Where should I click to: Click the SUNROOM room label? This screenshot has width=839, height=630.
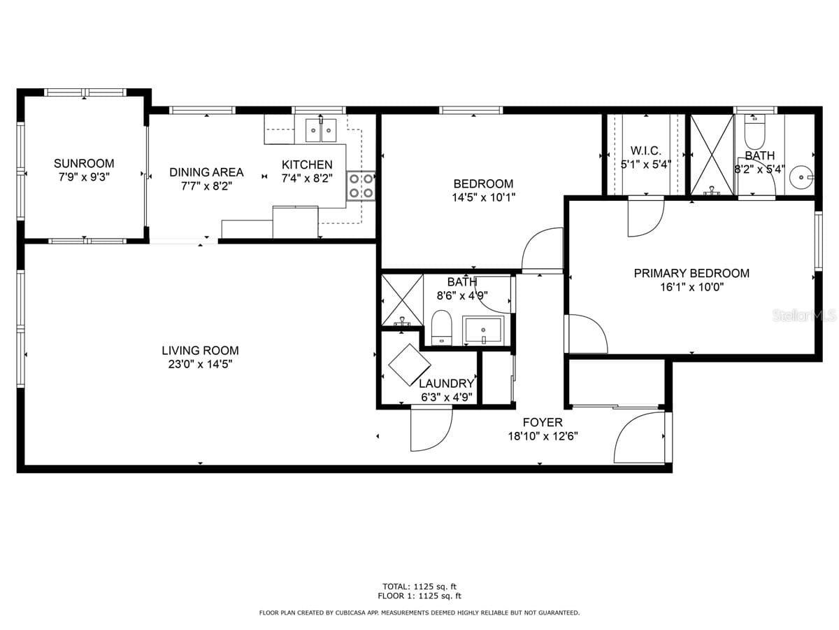pyautogui.click(x=83, y=164)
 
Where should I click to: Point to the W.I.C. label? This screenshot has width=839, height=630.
pyautogui.click(x=645, y=151)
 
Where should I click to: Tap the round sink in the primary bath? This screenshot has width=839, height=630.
pyautogui.click(x=800, y=178)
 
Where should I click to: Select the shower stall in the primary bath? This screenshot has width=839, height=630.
pyautogui.click(x=712, y=154)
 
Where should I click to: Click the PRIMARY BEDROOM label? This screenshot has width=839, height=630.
pyautogui.click(x=691, y=274)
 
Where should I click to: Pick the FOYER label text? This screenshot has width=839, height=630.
pyautogui.click(x=543, y=423)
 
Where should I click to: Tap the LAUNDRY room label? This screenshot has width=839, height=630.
pyautogui.click(x=446, y=384)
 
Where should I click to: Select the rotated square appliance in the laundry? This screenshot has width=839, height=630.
pyautogui.click(x=409, y=365)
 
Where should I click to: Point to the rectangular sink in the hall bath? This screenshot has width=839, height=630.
pyautogui.click(x=483, y=330)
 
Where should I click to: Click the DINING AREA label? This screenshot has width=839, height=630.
pyautogui.click(x=206, y=172)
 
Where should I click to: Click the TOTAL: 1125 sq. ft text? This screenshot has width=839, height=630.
pyautogui.click(x=419, y=587)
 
